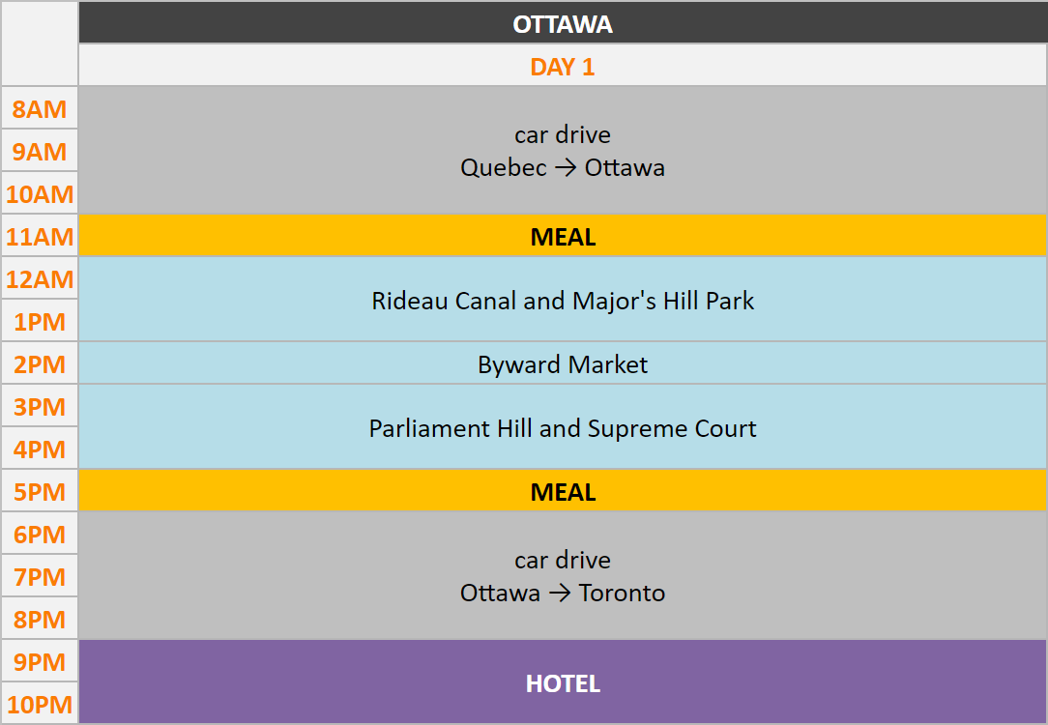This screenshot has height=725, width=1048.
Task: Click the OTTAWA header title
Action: (562, 25)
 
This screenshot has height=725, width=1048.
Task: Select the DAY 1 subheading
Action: (562, 67)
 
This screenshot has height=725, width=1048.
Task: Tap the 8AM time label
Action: (40, 109)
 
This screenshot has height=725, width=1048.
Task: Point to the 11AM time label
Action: (40, 237)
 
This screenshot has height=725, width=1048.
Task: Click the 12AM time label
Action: (40, 279)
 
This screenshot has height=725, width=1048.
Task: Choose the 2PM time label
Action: (40, 364)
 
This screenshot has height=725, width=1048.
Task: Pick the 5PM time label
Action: (40, 492)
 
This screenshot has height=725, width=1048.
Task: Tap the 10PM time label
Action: (40, 705)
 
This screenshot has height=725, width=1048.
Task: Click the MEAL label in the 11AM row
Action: (563, 237)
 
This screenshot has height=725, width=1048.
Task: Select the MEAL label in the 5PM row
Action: (563, 492)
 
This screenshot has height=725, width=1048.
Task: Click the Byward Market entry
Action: (563, 364)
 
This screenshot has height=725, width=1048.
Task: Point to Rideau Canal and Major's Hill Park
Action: (563, 301)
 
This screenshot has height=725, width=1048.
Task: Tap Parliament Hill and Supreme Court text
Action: (563, 428)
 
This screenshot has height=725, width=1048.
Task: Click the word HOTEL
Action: (563, 683)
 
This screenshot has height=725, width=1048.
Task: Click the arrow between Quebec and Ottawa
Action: (566, 168)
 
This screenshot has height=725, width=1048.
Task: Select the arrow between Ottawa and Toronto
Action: (560, 594)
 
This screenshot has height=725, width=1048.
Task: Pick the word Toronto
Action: (623, 593)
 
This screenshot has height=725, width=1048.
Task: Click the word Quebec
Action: (504, 167)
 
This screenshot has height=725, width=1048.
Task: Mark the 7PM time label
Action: (40, 577)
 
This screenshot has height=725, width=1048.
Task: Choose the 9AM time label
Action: (40, 152)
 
